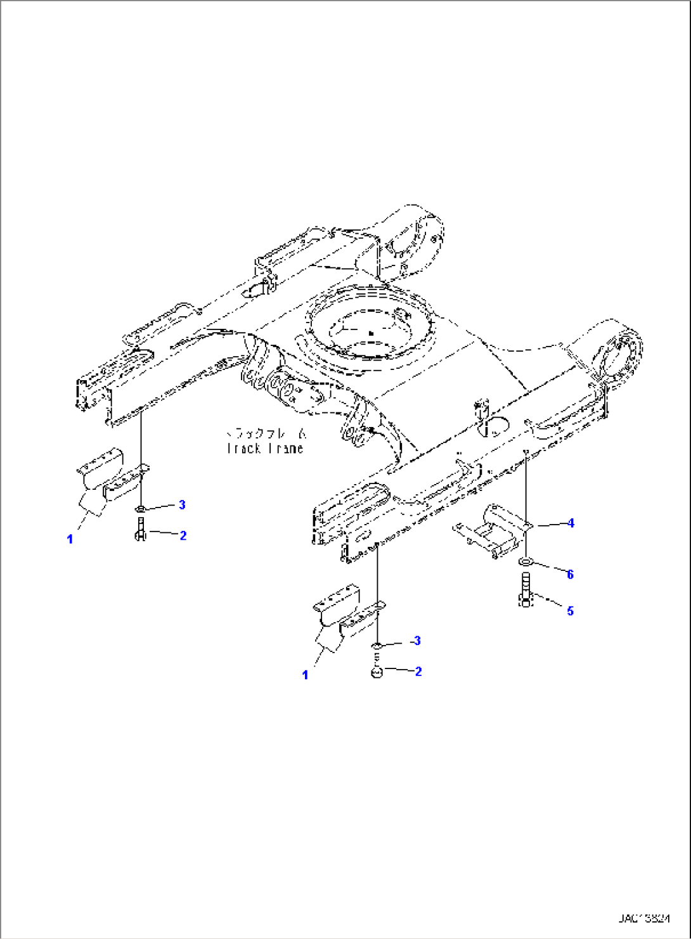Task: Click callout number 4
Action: click(x=571, y=523)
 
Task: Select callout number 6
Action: click(x=570, y=574)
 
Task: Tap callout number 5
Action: click(x=570, y=611)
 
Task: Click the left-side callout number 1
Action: click(x=70, y=539)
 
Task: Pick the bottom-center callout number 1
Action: click(x=305, y=675)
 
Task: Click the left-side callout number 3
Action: click(x=182, y=504)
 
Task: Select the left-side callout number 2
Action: click(x=183, y=535)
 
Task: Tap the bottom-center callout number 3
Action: click(x=417, y=641)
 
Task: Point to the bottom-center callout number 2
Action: click(x=418, y=671)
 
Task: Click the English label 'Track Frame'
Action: click(x=265, y=449)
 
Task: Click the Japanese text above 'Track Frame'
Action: click(x=266, y=434)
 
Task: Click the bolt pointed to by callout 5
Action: click(x=526, y=589)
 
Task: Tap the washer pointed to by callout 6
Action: click(x=526, y=562)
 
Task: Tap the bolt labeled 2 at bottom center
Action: click(x=377, y=671)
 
